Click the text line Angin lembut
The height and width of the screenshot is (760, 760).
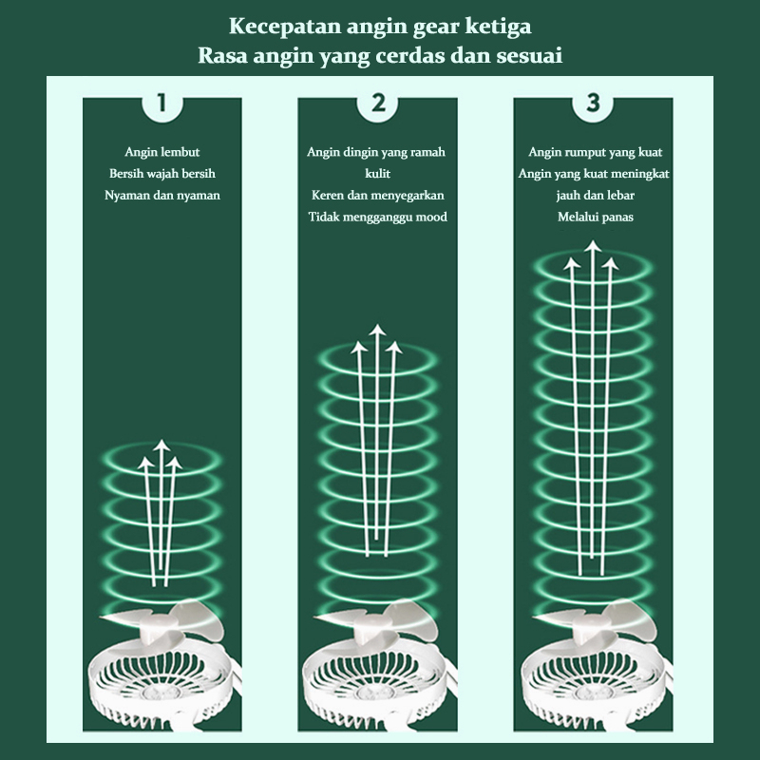click(x=161, y=152)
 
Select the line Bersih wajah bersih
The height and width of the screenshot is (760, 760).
click(x=161, y=174)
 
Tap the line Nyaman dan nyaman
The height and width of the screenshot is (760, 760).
click(x=161, y=196)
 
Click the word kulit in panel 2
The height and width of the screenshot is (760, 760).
click(x=377, y=174)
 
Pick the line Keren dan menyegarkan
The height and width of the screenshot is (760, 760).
click(x=377, y=196)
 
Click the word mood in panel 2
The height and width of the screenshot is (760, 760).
click(x=431, y=217)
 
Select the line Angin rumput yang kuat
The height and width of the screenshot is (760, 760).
click(x=596, y=152)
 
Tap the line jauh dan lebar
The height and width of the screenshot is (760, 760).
click(x=596, y=196)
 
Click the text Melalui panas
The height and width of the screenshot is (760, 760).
click(x=596, y=217)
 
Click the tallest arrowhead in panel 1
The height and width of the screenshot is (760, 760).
click(x=161, y=445)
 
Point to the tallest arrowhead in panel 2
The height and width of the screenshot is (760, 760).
click(x=377, y=330)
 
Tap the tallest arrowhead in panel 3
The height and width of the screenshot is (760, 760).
click(x=592, y=246)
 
